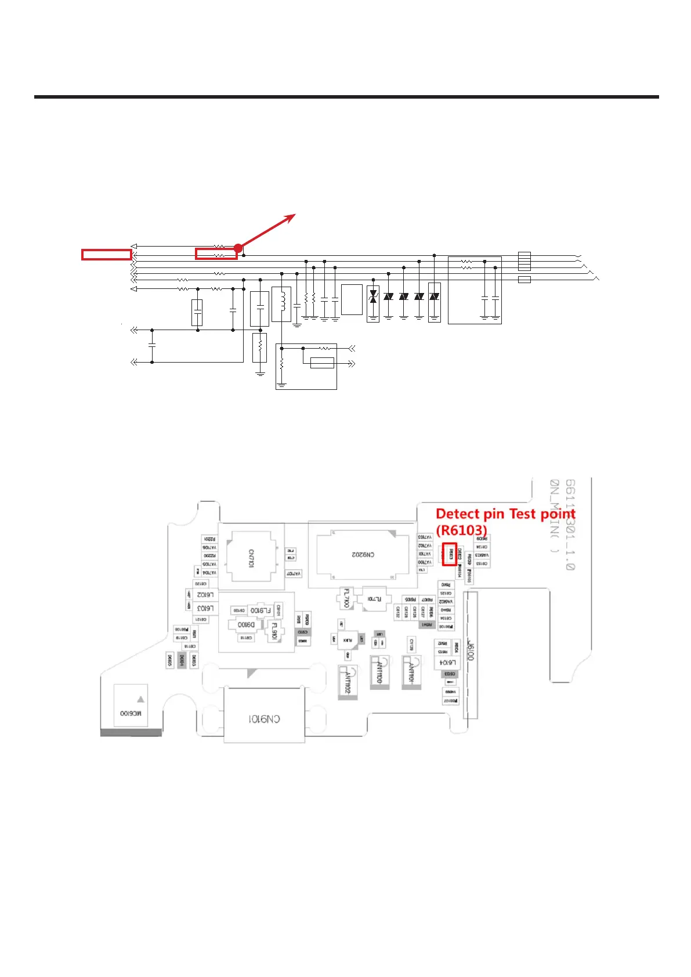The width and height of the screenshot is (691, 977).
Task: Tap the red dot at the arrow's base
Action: pyautogui.click(x=238, y=248)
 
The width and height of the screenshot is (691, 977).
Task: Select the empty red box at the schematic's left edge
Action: pyautogui.click(x=106, y=254)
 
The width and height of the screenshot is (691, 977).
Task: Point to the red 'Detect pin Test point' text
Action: pyautogui.click(x=505, y=514)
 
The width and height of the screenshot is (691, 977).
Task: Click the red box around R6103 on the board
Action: pyautogui.click(x=450, y=554)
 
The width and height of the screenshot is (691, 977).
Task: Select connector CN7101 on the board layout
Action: pyautogui.click(x=251, y=558)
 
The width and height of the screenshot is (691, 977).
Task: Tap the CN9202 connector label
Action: pyautogui.click(x=363, y=555)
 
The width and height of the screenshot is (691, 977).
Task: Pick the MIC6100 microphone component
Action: pyautogui.click(x=131, y=713)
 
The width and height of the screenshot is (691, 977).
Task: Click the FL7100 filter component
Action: pyautogui.click(x=346, y=598)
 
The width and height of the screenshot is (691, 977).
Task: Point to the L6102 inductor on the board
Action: pyautogui.click(x=205, y=595)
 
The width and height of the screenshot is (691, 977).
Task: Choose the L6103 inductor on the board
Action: pyautogui.click(x=205, y=608)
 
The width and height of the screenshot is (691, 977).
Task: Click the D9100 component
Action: pyautogui.click(x=247, y=625)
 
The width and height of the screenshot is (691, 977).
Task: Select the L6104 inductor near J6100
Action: pyautogui.click(x=447, y=663)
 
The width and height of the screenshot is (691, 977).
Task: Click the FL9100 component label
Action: pyautogui.click(x=261, y=610)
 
